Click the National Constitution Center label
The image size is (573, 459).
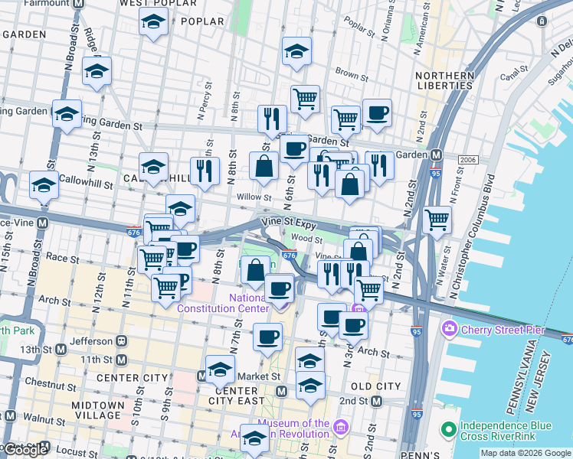(222, 303)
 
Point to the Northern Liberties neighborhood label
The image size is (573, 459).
(444, 80)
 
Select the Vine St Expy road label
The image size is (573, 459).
(287, 222)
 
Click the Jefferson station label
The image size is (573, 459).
(90, 341)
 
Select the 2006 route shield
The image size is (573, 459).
(468, 159)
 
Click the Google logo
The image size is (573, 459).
(25, 450)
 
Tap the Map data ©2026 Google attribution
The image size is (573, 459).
(525, 453)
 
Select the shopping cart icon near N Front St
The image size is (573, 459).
(437, 220)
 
